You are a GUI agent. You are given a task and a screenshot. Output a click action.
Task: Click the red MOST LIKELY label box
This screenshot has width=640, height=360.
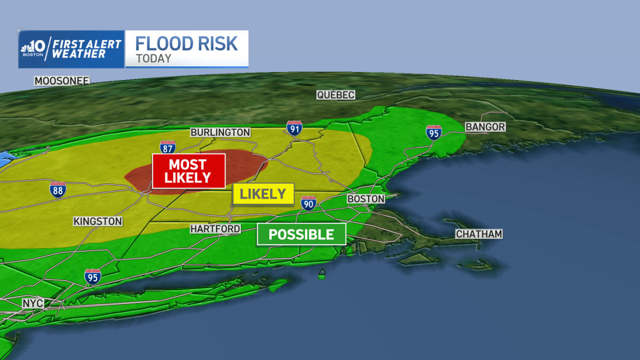click(x=188, y=171)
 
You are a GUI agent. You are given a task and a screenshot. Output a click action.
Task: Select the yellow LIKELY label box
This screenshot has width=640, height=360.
click(x=263, y=194)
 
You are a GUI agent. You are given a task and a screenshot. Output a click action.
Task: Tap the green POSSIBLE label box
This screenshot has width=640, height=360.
click(x=301, y=234)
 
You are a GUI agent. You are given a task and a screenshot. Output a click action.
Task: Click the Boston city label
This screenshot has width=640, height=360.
click(x=366, y=199)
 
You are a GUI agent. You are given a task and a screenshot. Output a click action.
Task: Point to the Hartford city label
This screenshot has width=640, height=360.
click(x=215, y=229)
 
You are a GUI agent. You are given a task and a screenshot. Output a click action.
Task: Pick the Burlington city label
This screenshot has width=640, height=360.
click(x=220, y=132)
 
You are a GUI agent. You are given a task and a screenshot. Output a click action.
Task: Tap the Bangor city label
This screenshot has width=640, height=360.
click(x=485, y=127)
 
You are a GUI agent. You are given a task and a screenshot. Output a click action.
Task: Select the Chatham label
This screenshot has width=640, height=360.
click(x=479, y=234)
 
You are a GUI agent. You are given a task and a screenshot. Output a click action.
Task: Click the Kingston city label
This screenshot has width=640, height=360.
click(x=98, y=221)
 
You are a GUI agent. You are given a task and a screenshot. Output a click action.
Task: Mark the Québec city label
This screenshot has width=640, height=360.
click(x=335, y=95)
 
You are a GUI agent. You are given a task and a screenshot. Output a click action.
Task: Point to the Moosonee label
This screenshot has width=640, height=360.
click(x=62, y=81)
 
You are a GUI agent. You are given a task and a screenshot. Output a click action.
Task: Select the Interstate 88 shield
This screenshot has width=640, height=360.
click(x=58, y=190)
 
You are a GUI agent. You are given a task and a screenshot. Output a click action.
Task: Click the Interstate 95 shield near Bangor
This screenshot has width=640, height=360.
click(x=433, y=132)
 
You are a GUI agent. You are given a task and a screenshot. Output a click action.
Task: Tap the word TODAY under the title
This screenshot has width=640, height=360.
click(x=154, y=59)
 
